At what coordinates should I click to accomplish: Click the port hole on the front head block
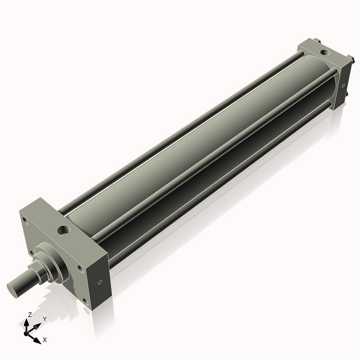coord(64,230)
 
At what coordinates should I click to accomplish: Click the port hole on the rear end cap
coord(325,53)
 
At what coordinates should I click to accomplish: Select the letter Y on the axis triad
coord(45,319)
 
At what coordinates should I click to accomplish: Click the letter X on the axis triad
coord(45,340)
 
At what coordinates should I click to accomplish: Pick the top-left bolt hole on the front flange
coord(24,219)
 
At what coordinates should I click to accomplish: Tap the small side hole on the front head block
coord(100,282)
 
